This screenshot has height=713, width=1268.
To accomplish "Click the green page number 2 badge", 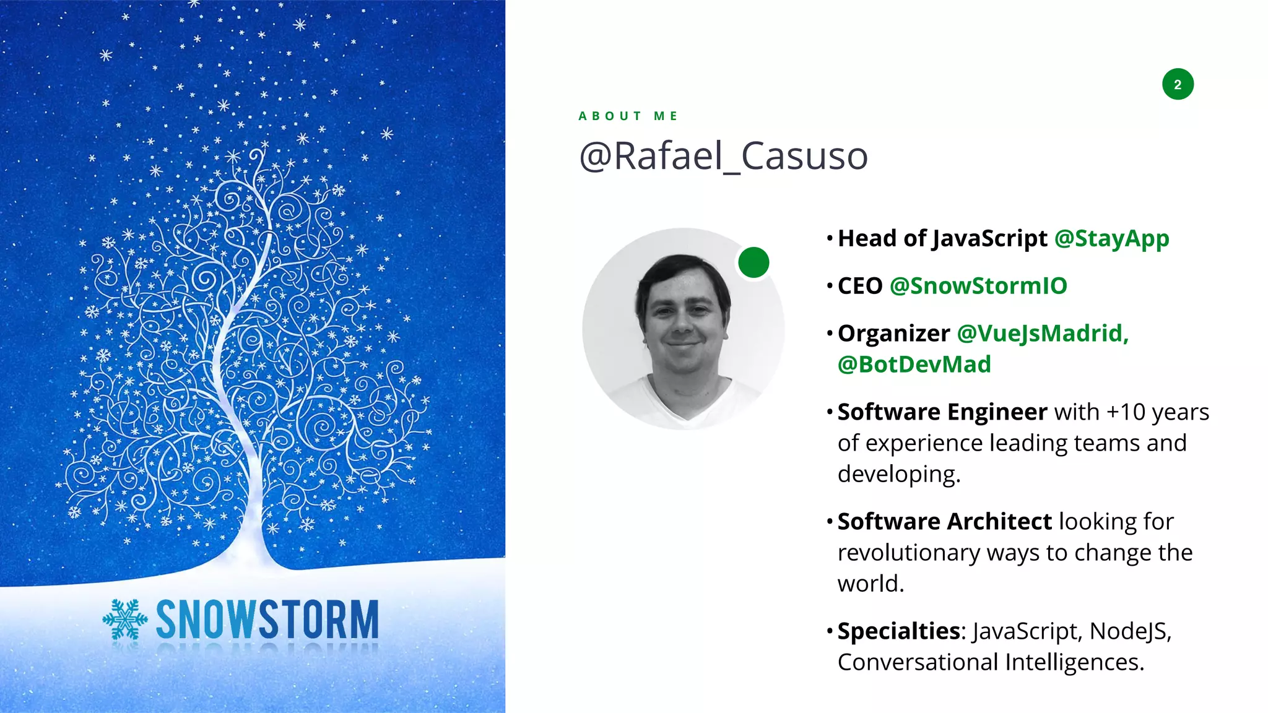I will (1178, 84).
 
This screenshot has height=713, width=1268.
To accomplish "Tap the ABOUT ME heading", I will (628, 116).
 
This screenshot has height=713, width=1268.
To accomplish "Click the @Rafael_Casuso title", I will (723, 156).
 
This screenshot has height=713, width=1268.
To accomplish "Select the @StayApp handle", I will (1111, 238).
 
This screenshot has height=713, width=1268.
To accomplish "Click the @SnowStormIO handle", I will (978, 286).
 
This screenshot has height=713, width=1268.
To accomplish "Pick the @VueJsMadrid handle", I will (1042, 334).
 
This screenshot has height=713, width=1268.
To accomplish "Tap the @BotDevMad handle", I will (914, 365).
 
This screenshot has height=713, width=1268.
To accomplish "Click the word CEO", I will (860, 286).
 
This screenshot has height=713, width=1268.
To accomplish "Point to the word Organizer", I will (893, 334).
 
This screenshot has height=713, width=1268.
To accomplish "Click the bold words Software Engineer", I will (942, 412).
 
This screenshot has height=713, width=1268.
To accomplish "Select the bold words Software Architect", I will (944, 522).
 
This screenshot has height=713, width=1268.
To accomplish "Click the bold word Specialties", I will (898, 631).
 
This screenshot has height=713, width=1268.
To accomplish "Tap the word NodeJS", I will (1129, 631).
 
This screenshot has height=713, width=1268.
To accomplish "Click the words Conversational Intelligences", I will (990, 662).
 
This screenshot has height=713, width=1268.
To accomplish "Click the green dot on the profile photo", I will (753, 262).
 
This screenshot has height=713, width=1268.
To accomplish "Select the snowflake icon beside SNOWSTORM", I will (125, 619).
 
